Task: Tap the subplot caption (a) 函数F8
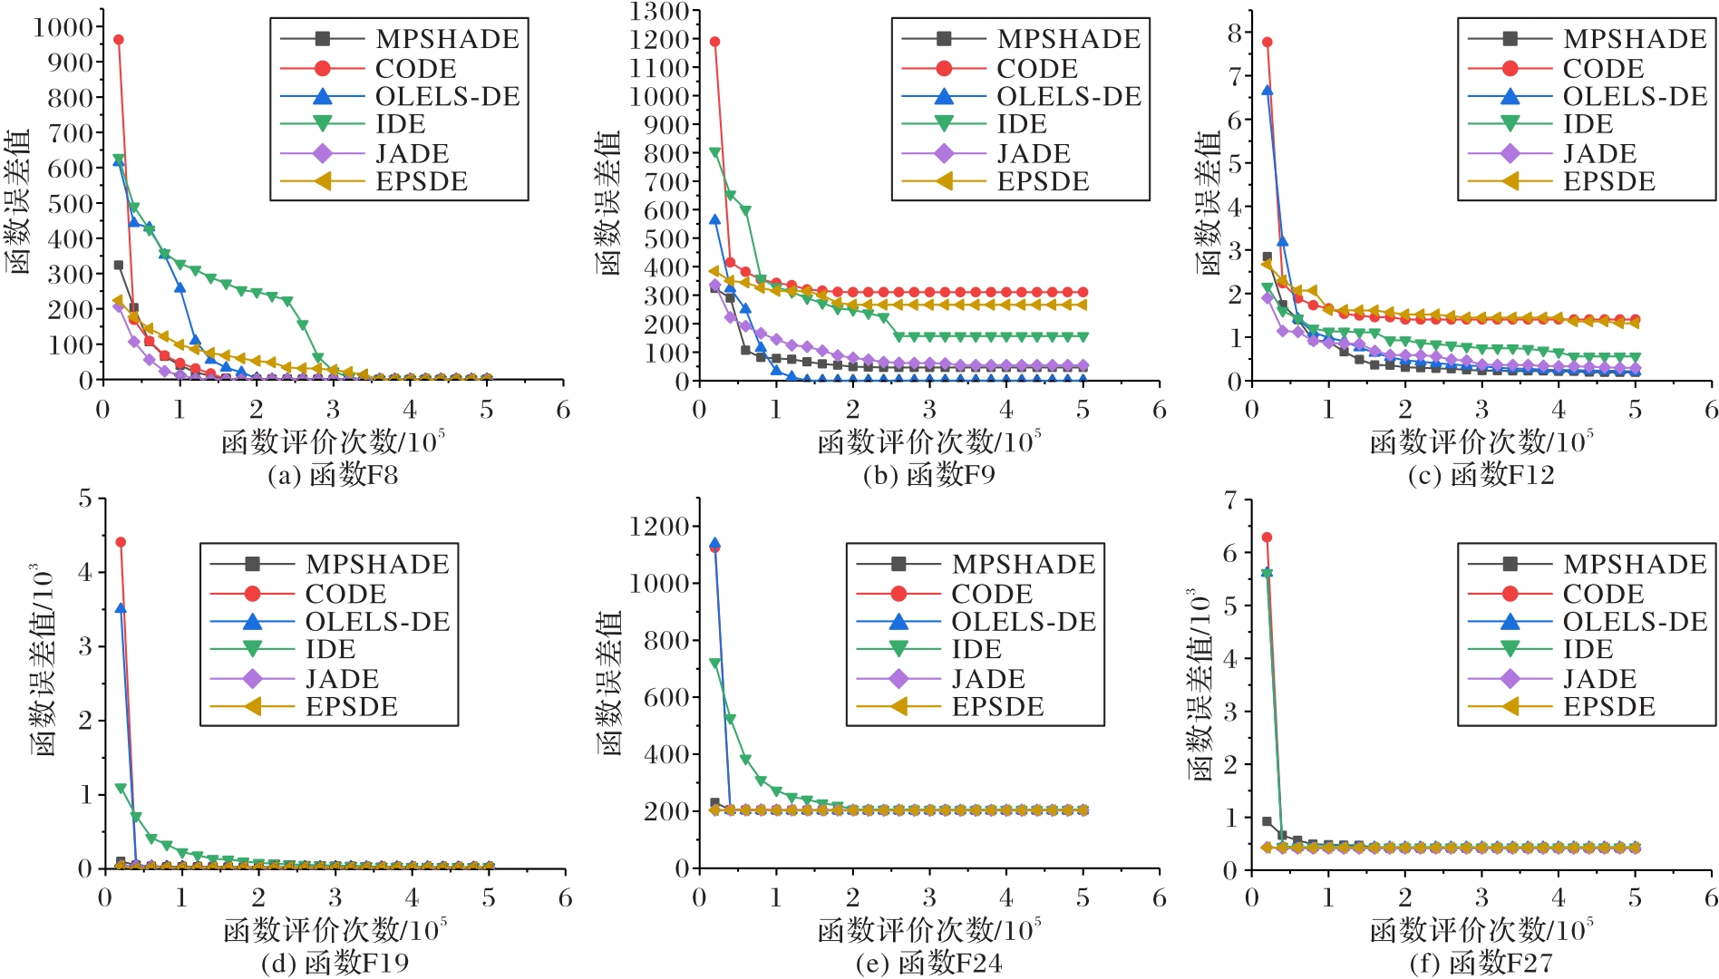point(333,475)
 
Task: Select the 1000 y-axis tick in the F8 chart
point(63,27)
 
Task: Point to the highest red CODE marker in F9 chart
point(714,42)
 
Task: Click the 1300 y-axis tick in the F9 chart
point(659,12)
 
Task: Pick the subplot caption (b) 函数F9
point(928,475)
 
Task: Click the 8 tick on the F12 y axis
point(1235,33)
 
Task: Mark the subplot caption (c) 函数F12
point(1481,475)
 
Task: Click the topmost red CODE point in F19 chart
point(121,542)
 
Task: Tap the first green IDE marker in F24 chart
point(714,664)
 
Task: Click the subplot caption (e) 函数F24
point(928,963)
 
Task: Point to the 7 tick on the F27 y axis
point(1230,500)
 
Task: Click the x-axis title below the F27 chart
point(1481,929)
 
